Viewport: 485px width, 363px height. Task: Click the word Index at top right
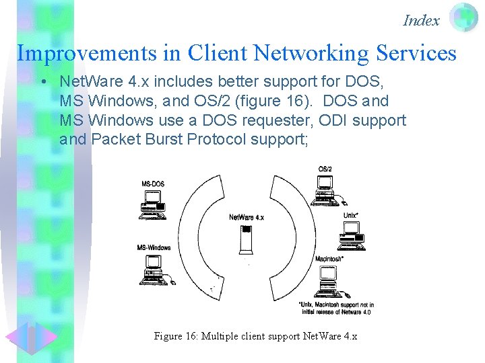421,20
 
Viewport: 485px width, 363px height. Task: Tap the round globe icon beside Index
463,18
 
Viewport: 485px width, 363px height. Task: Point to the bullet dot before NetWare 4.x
42,83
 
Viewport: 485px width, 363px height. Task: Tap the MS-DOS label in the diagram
152,184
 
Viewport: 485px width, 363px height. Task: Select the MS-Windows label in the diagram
154,247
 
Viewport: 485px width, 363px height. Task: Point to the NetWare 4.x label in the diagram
247,217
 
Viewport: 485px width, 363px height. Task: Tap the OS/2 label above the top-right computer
325,168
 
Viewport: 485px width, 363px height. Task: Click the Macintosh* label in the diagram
329,259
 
